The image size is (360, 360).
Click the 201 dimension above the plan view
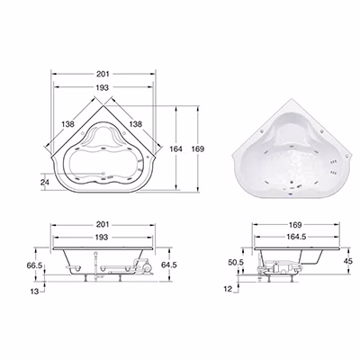coord(103,74)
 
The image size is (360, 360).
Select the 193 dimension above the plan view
coord(103,87)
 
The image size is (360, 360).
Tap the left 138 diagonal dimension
coord(67,124)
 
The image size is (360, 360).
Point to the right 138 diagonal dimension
coord(135,124)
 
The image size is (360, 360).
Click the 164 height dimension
coord(175,148)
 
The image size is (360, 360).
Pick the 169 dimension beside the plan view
coord(198,148)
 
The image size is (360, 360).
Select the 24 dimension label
coord(45,182)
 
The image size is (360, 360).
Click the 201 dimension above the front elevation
coord(103,224)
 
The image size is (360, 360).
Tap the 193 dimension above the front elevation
coord(102,238)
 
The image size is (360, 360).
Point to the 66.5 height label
coord(35,265)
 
